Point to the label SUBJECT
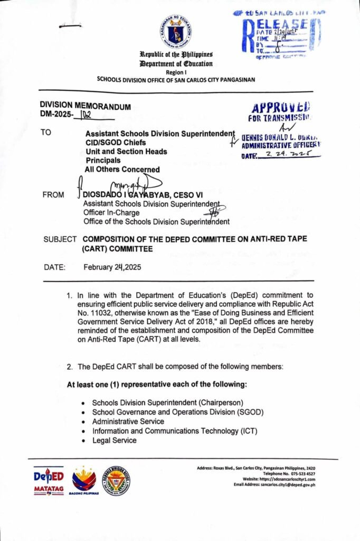[x=60, y=239]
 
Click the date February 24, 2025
[x=112, y=267]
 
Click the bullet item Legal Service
[x=114, y=440]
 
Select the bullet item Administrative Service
[x=128, y=421]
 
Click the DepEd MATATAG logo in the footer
[x=49, y=480]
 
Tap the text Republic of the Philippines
[x=176, y=54]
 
